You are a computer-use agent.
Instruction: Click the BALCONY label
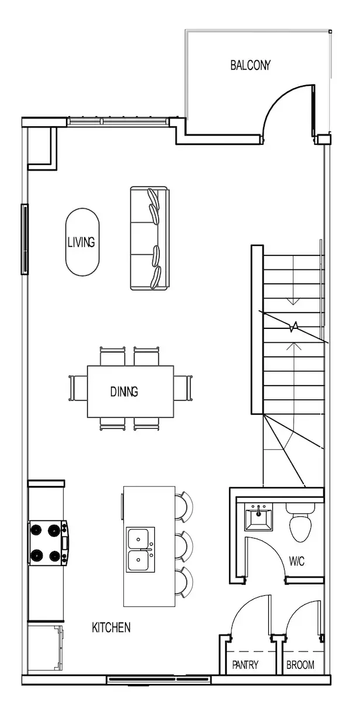coord(250,65)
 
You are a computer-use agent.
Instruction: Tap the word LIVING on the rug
coord(81,242)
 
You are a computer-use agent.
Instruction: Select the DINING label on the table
coord(124,391)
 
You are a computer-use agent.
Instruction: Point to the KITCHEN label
coord(111,627)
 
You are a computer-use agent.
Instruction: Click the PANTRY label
coord(245,665)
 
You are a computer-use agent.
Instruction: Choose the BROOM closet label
coord(300,665)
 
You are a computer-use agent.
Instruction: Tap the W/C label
coord(296,561)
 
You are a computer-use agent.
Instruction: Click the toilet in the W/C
coord(300,522)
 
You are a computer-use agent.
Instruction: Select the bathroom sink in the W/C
coord(258,516)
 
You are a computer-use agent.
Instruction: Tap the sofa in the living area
coord(150,238)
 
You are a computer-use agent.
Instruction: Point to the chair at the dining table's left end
coord(78,388)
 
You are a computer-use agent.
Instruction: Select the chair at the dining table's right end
coord(183,388)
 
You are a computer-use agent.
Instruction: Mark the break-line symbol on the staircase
coord(293,327)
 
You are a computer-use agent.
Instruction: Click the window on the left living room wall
coord(25,240)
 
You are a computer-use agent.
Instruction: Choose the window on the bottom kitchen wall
coord(159,680)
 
